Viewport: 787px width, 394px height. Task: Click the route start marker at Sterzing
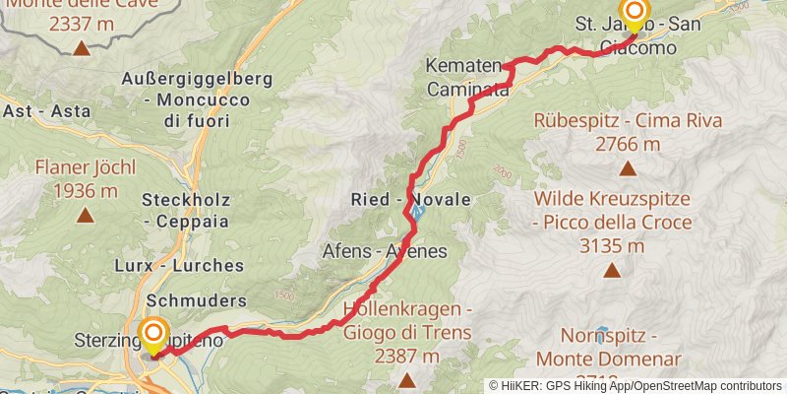click(153, 334)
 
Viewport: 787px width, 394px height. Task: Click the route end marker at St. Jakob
click(634, 13)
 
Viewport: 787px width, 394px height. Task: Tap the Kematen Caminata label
click(468, 78)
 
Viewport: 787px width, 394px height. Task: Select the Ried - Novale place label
click(410, 199)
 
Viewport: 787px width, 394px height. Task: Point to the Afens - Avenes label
click(385, 251)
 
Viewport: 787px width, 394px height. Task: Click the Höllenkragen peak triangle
click(407, 379)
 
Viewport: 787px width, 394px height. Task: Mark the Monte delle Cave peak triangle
click(81, 46)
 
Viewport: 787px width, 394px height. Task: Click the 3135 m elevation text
click(612, 246)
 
